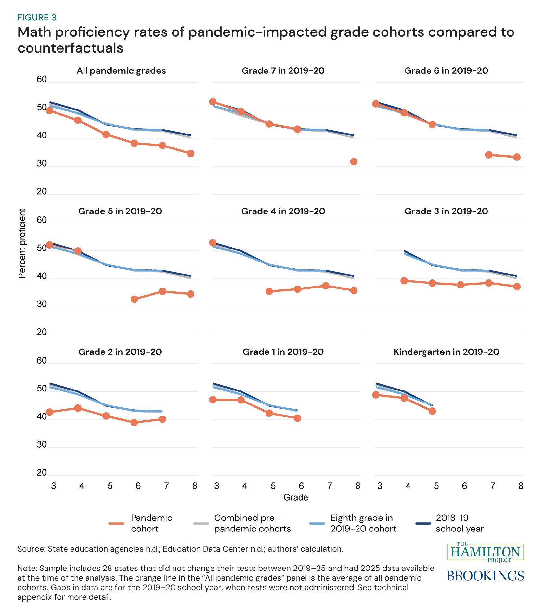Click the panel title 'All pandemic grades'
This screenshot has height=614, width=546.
[x=121, y=71]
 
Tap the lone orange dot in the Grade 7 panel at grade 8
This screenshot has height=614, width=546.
[x=354, y=162]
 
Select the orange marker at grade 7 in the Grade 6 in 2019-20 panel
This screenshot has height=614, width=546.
[x=488, y=155]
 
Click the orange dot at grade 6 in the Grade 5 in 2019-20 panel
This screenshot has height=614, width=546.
[x=134, y=299]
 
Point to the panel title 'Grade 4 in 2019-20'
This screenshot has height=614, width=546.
[x=283, y=211]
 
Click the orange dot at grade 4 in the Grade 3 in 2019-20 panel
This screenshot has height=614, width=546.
[x=404, y=281]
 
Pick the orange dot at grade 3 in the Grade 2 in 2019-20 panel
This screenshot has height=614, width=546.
[x=50, y=412]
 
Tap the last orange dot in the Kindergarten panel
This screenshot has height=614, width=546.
[x=432, y=411]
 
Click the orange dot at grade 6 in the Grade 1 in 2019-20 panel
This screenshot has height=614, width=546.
[x=297, y=418]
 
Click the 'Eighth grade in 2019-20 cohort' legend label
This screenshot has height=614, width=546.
[x=363, y=523]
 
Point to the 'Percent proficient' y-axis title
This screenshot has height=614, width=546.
[x=22, y=244]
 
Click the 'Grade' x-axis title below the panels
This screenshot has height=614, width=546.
[x=295, y=497]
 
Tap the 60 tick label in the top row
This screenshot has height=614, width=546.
[x=42, y=79]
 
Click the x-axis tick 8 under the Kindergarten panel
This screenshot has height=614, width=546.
[x=521, y=486]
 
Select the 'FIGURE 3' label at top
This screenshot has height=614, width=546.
[x=37, y=18]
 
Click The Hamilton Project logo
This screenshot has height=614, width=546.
[x=485, y=552]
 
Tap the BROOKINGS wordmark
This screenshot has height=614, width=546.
[x=485, y=576]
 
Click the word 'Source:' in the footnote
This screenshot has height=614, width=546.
[x=31, y=549]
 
